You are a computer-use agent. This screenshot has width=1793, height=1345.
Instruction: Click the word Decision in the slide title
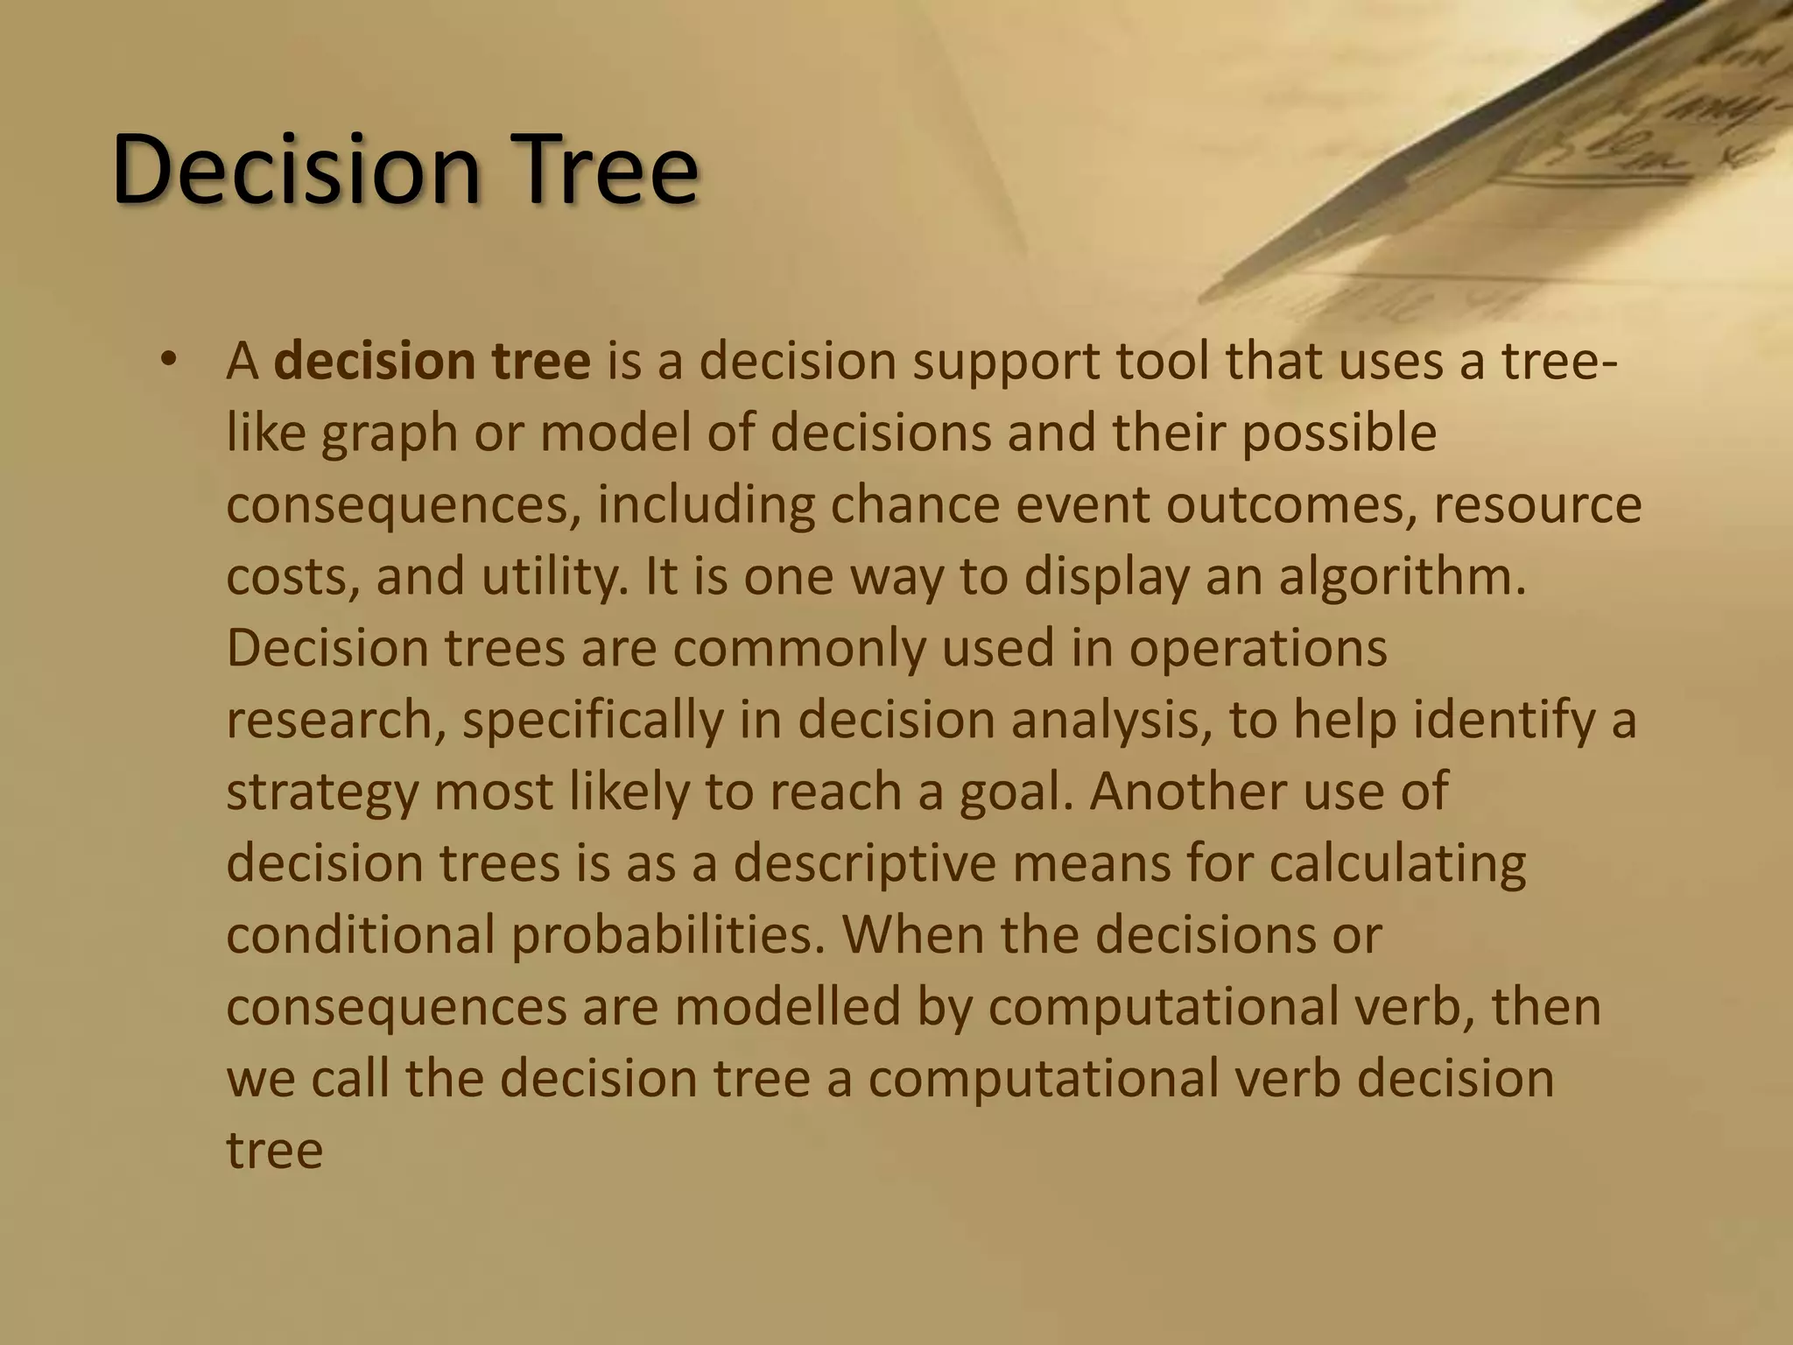click(x=297, y=168)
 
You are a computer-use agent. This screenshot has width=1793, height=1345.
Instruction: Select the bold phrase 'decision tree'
click(x=432, y=362)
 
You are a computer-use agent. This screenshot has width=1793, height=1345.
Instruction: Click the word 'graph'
click(x=389, y=435)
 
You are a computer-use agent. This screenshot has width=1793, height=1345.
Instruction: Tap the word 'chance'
click(x=914, y=505)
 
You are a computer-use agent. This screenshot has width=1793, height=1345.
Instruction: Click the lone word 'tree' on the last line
click(x=274, y=1150)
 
